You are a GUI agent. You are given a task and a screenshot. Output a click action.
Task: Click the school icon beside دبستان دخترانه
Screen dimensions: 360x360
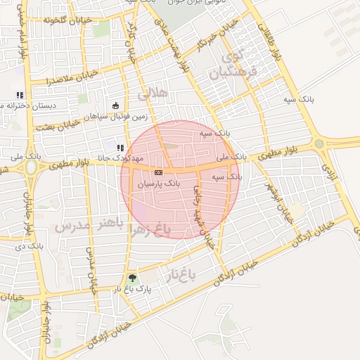[20, 95]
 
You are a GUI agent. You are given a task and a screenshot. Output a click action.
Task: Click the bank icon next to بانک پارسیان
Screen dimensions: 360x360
[159, 172]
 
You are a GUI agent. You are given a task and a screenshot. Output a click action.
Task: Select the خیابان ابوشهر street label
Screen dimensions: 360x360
[279, 204]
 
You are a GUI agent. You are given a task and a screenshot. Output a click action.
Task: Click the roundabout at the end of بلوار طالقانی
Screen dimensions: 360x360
[321, 143]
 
